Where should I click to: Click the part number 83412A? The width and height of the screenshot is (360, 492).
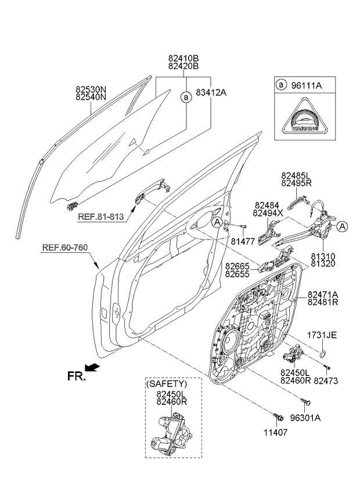click(211, 93)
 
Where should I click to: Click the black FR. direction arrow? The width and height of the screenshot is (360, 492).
click(93, 367)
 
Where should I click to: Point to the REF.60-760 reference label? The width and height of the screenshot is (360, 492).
click(65, 248)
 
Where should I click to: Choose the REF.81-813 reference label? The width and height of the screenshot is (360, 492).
click(101, 216)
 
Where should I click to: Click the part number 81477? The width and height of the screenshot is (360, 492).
click(243, 241)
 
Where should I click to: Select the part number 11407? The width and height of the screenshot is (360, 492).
click(275, 432)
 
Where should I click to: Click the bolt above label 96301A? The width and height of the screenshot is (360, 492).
click(306, 401)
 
